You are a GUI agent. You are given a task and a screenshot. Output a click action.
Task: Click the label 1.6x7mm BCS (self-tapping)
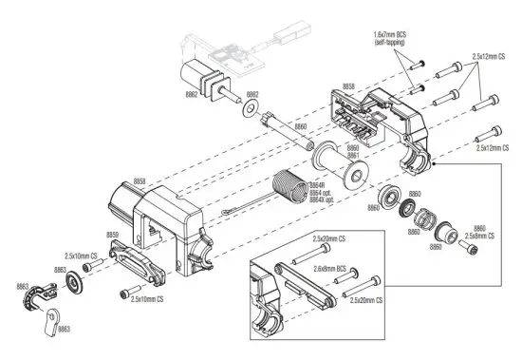pyautogui.click(x=398, y=37)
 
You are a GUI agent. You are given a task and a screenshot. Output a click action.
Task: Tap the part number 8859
pyautogui.click(x=112, y=235)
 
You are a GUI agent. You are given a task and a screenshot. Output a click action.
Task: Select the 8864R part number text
pyautogui.click(x=319, y=185)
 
